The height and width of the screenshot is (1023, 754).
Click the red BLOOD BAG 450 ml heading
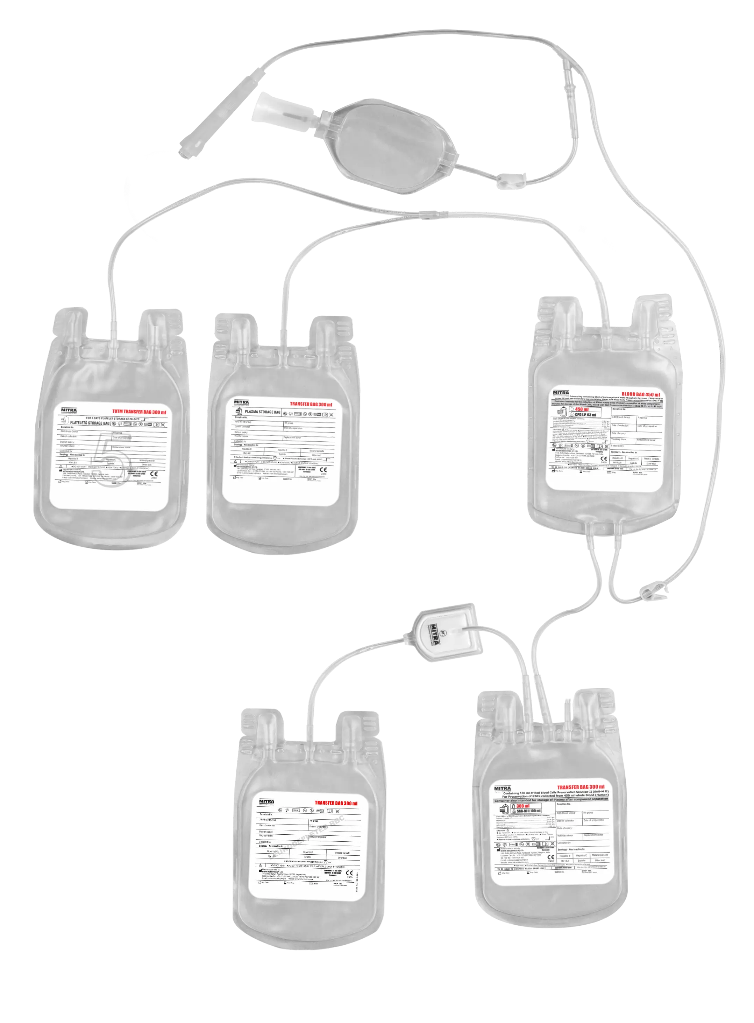(x=640, y=394)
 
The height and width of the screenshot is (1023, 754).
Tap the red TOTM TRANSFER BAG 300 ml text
(x=139, y=412)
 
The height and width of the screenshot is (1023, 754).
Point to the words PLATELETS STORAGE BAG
(x=90, y=423)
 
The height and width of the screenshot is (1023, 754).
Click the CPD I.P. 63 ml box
(x=585, y=415)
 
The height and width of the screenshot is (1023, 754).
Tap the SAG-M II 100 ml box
(x=528, y=811)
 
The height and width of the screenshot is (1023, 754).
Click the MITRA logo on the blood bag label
(x=561, y=393)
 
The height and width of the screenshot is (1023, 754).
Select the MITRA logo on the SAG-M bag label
(x=503, y=788)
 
